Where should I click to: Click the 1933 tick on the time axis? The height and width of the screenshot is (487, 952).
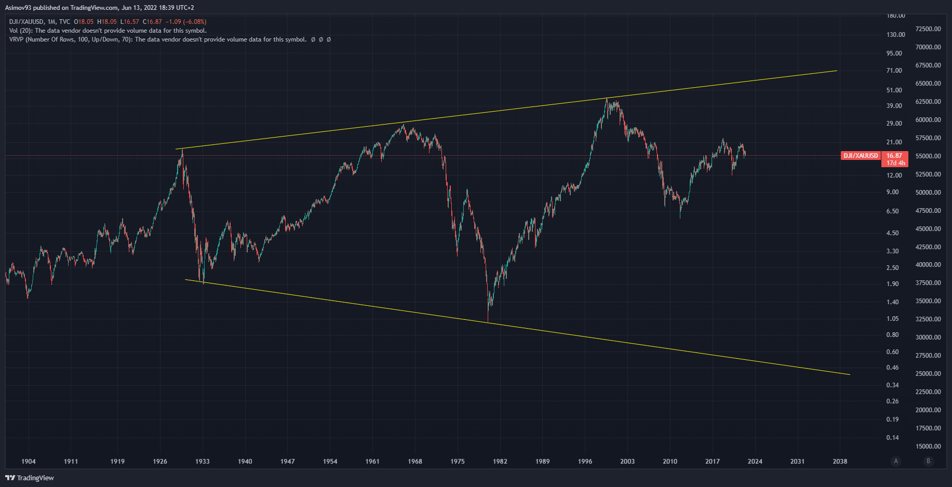pos(202,461)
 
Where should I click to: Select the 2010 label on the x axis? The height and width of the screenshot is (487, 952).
pos(669,461)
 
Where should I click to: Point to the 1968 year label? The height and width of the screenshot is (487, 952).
pos(414,461)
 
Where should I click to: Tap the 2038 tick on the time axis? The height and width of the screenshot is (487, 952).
pos(839,461)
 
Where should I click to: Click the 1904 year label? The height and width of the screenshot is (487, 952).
pos(29,461)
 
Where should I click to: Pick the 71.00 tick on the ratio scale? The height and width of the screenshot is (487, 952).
pos(894,71)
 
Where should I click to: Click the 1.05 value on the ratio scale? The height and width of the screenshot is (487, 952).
pos(892,319)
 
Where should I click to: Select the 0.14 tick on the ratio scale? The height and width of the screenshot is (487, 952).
pos(892,438)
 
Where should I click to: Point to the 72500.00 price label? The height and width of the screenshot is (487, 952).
pos(928,29)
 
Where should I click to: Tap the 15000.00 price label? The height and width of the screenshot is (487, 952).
pos(928,447)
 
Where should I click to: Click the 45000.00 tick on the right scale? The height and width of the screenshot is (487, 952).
pos(928,229)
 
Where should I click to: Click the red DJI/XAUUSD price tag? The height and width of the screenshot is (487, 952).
pos(860,156)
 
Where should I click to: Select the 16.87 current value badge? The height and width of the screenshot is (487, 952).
pos(894,156)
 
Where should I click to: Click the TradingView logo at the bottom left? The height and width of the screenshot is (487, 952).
pos(30,478)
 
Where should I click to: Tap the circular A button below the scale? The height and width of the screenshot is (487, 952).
pos(895,461)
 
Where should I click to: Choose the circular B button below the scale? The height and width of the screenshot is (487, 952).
pos(928,461)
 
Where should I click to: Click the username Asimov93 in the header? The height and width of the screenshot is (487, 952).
pos(18,8)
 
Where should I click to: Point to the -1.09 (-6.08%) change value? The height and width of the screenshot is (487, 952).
pos(186,22)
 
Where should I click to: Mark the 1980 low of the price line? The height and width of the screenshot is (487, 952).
pos(488,321)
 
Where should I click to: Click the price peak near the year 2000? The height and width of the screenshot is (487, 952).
pos(607,98)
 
